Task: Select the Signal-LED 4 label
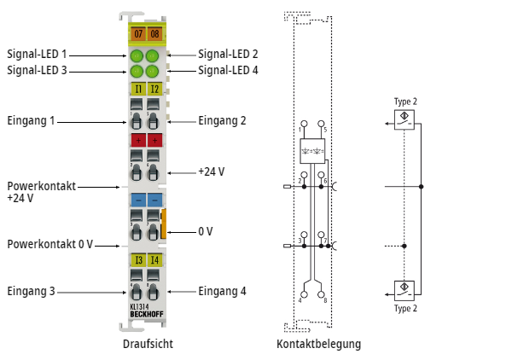[x=228, y=71]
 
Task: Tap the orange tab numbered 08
[x=154, y=34]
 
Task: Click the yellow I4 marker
[x=154, y=260]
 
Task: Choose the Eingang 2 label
[x=222, y=121]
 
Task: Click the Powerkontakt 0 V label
[x=49, y=245]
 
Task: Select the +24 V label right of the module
[x=211, y=171]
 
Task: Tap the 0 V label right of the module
[x=206, y=231]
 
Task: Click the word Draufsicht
[x=145, y=345]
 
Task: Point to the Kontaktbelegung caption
[x=318, y=345]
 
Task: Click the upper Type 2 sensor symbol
[x=405, y=119]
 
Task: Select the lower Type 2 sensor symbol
[x=405, y=288]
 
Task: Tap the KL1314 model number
[x=142, y=305]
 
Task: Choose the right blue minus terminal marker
[x=154, y=200]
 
